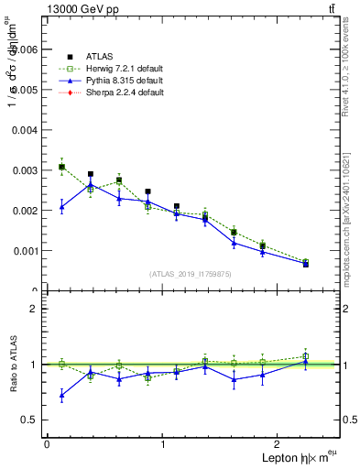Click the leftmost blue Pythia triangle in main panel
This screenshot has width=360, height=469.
pos(61,207)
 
